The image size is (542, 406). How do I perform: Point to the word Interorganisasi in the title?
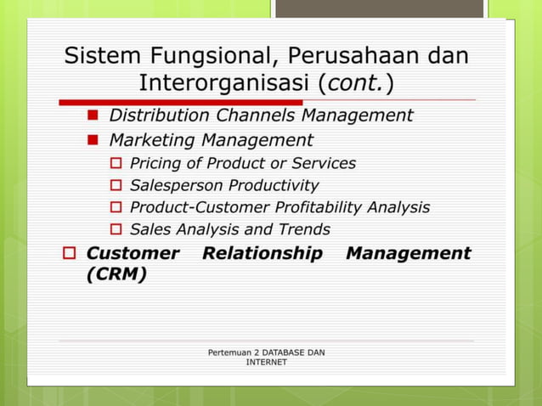224,84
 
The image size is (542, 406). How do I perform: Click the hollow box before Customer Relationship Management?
71,254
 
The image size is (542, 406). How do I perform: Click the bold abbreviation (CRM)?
116,274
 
